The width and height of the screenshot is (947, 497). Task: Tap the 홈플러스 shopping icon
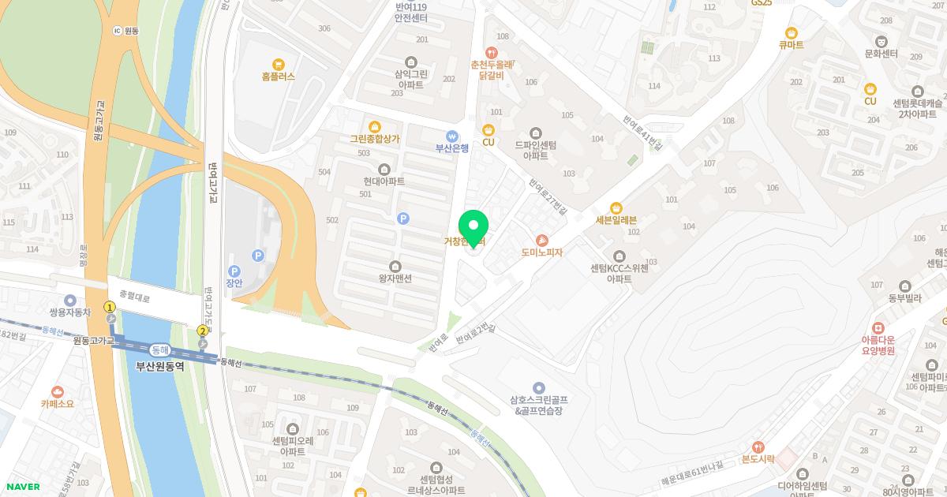[x=278, y=65]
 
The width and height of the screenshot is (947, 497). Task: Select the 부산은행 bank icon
[x=452, y=135]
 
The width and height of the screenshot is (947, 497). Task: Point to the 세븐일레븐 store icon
[x=616, y=207]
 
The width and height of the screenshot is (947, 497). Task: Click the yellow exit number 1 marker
[x=110, y=307]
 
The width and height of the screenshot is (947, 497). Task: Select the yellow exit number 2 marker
[x=203, y=331]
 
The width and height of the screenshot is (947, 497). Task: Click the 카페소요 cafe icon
[x=57, y=391]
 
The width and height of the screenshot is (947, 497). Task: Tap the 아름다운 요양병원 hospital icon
[x=878, y=327]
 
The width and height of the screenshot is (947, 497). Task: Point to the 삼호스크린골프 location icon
[x=539, y=387]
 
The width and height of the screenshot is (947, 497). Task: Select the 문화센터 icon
[x=881, y=41]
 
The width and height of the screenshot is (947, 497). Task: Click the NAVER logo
[x=24, y=487]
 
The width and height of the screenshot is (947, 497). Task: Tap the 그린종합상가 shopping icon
[x=374, y=126]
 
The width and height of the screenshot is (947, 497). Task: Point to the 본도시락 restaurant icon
[x=758, y=447]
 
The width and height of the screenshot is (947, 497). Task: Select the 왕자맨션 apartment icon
[x=395, y=266]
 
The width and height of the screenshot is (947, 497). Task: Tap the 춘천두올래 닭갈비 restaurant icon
[x=492, y=52]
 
